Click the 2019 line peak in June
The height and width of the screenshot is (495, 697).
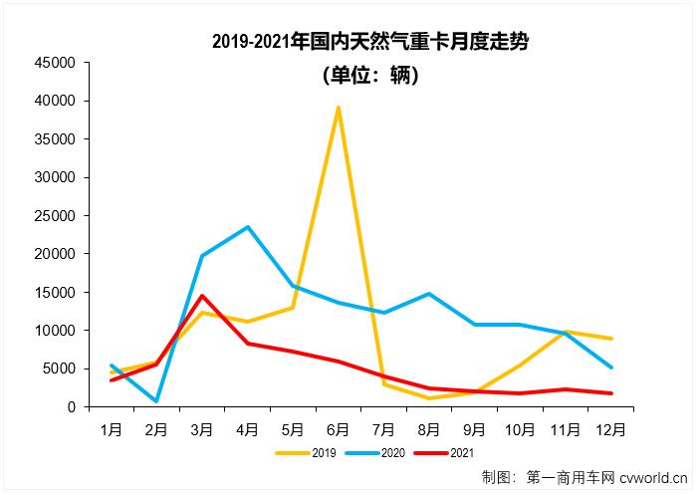pyautogui.click(x=339, y=108)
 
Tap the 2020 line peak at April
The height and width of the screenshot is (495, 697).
pyautogui.click(x=247, y=227)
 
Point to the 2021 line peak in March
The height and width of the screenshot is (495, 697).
pyautogui.click(x=202, y=296)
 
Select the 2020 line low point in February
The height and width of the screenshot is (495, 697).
pyautogui.click(x=156, y=401)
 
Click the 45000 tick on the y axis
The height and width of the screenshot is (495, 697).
pyautogui.click(x=55, y=63)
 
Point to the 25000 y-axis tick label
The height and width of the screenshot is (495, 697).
pyautogui.click(x=55, y=216)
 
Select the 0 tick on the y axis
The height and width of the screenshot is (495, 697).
pyautogui.click(x=71, y=407)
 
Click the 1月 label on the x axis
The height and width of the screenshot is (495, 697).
pyautogui.click(x=111, y=429)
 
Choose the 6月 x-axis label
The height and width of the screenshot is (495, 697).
pyautogui.click(x=339, y=429)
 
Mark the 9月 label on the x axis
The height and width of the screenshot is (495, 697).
pyautogui.click(x=475, y=429)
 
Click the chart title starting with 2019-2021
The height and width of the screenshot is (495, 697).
pyautogui.click(x=370, y=42)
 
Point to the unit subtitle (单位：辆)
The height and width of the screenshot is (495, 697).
pyautogui.click(x=370, y=75)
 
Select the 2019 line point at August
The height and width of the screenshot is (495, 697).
pyautogui.click(x=429, y=398)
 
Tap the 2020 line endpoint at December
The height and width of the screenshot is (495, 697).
pyautogui.click(x=611, y=368)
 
